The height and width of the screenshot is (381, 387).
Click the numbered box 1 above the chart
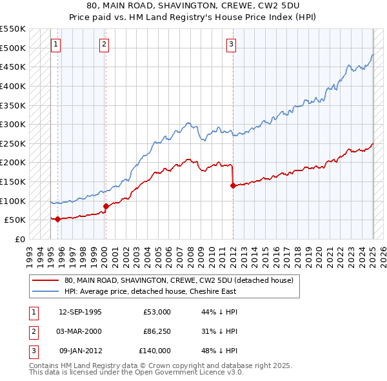click(x=55, y=45)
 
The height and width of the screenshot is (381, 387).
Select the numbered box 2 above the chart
click(x=104, y=45)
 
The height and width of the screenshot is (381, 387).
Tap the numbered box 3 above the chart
click(x=231, y=45)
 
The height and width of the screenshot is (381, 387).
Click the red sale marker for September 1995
click(x=58, y=219)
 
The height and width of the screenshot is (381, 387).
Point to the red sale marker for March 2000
click(x=106, y=206)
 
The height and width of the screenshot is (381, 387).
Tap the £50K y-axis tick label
click(x=15, y=220)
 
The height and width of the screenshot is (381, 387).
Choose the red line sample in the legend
click(x=45, y=280)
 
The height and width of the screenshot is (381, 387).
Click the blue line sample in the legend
click(x=45, y=291)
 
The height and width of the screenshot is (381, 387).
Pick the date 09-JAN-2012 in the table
click(x=80, y=351)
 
